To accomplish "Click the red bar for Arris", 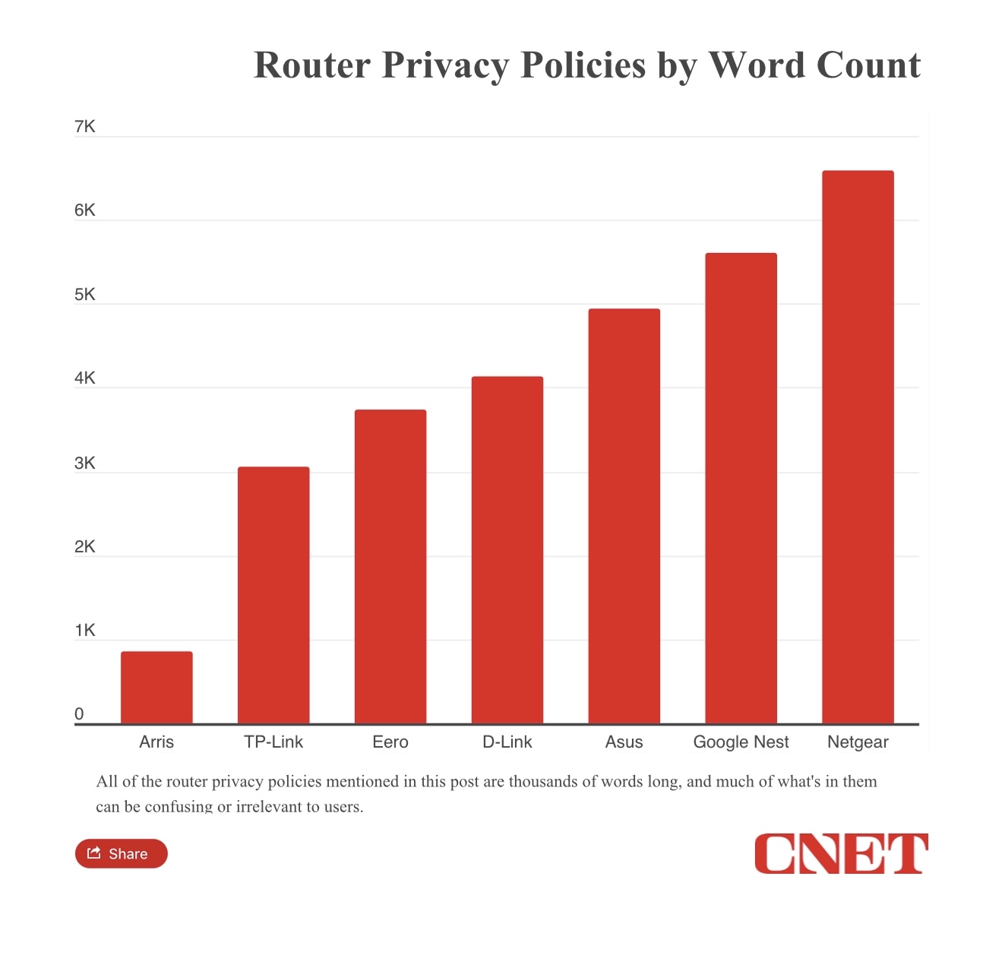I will click(156, 687).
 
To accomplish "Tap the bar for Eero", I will click(390, 566).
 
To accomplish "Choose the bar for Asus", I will click(624, 516).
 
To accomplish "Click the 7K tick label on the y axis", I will click(85, 127).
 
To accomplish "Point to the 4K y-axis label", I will click(85, 378).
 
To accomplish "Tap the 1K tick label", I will click(85, 631).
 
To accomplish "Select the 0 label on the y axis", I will click(79, 714).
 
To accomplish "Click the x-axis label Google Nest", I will click(741, 742).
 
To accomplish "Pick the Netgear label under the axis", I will click(858, 742).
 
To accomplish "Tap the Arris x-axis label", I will click(156, 742).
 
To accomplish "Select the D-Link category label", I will click(507, 742).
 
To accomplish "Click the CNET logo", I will click(841, 853).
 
